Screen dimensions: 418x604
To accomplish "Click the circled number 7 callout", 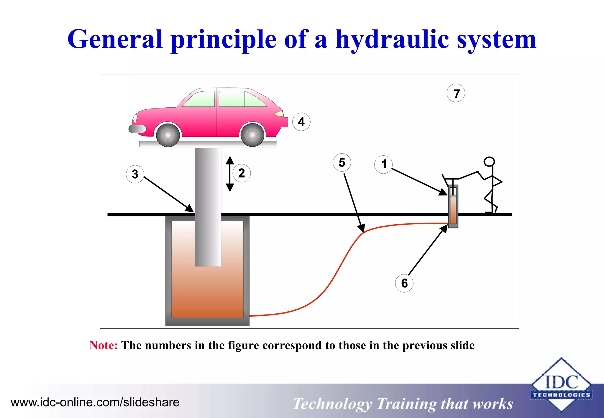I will pos(456,93).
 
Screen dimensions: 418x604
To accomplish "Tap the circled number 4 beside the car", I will pos(301,122).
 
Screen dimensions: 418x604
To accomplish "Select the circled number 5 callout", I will pos(342,162).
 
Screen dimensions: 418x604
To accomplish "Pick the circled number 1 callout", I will pos(383,164).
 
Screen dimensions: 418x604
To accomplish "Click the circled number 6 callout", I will pos(404,283).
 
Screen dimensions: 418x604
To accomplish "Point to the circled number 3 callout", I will pos(135,174).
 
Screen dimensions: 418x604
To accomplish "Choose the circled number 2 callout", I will pos(242,173).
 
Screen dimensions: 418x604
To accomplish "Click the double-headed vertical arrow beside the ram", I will pos(230,174).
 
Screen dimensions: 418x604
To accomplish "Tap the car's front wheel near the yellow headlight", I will pos(252,135).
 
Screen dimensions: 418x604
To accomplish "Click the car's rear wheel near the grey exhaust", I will pos(168,135).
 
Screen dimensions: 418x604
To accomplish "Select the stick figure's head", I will pos(489,162).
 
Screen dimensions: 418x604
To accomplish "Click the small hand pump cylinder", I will pos(453,206).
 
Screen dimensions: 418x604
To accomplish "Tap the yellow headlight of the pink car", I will pos(279,113).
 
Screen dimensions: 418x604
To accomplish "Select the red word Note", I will pos(103,345).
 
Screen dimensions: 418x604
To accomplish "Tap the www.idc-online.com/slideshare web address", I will pos(95,402).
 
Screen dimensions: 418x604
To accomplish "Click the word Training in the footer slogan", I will pos(406,404).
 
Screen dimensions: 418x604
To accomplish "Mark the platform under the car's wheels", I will pos(208,144).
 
